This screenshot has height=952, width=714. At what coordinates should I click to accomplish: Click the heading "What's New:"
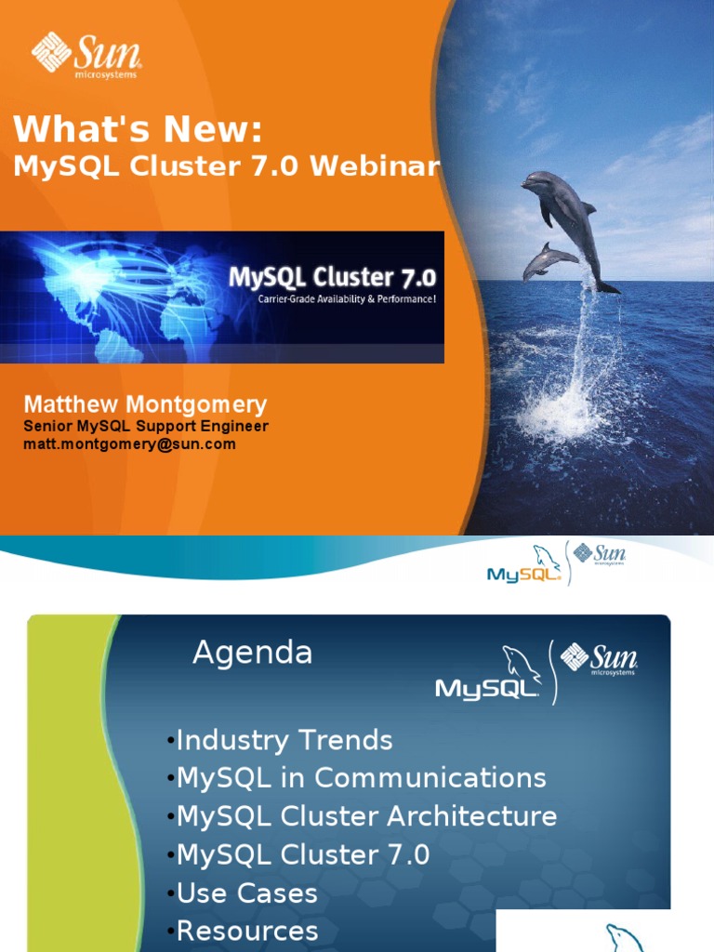tap(138, 129)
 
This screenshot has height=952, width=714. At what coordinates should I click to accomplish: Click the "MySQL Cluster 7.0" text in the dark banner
tap(333, 277)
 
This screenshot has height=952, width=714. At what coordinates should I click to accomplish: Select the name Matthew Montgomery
tap(145, 404)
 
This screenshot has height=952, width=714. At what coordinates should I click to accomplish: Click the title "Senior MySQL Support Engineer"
tap(145, 427)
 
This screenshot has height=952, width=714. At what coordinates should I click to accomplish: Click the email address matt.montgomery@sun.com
tap(129, 444)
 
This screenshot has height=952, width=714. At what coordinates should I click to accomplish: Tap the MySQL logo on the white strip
tap(524, 568)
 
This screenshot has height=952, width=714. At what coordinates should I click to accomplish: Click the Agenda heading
tap(252, 653)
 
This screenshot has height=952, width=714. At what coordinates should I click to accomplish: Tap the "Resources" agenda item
tap(246, 931)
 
